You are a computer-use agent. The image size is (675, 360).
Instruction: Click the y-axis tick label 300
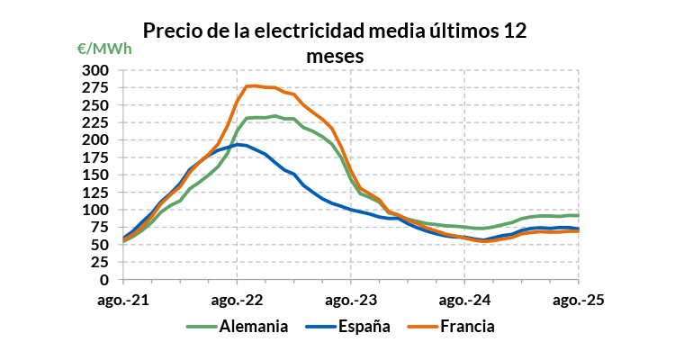[96, 70]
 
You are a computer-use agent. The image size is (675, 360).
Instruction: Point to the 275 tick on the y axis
[96, 87]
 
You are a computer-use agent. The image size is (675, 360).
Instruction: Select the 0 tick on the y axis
[104, 280]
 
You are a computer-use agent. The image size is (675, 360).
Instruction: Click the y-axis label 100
[96, 210]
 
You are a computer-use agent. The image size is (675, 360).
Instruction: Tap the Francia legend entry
[467, 326]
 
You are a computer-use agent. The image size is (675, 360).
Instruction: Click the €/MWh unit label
[104, 49]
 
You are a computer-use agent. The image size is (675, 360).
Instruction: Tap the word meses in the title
[334, 55]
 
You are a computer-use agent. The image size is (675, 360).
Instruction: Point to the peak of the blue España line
[238, 144]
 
